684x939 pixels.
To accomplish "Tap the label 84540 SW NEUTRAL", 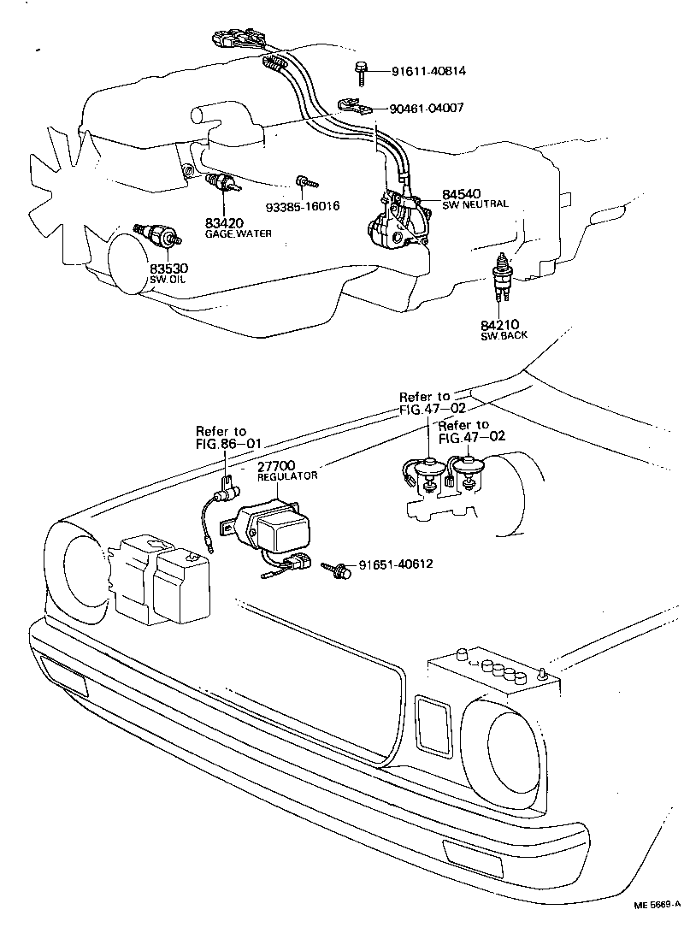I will [474, 198].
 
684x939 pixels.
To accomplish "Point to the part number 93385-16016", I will [303, 206].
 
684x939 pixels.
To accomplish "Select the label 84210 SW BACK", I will [504, 329].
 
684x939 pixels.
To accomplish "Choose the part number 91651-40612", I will [396, 564].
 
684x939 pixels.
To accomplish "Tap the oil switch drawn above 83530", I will [157, 234].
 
